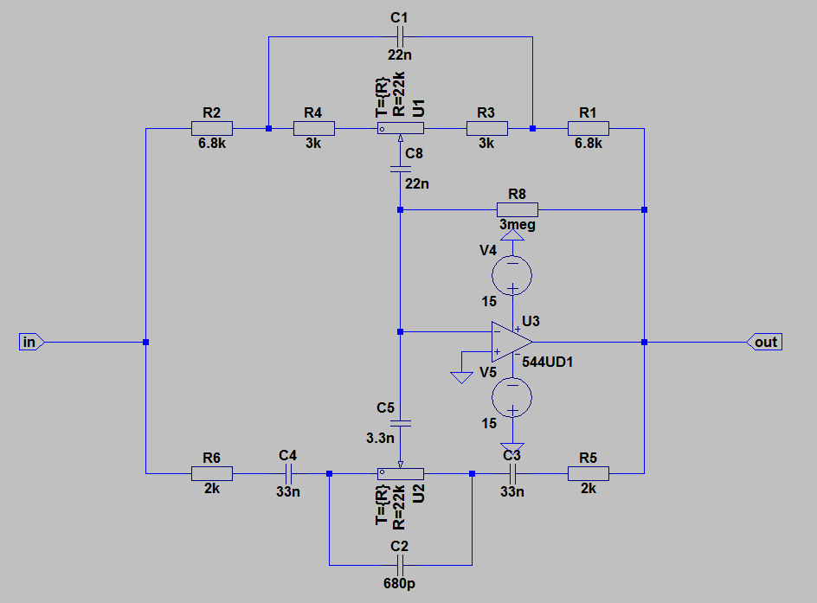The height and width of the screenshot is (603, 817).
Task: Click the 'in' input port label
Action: pos(29,343)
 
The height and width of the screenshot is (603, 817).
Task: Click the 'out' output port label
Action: pos(765,343)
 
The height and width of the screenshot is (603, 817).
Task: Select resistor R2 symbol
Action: pos(211,129)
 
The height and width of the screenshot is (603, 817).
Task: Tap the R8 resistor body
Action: pos(518,209)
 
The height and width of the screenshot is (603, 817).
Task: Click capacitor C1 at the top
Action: pos(399,37)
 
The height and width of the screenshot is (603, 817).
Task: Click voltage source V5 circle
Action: pos(512,398)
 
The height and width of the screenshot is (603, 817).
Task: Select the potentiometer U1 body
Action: pos(400,129)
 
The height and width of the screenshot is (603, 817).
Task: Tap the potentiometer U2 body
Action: pos(400,473)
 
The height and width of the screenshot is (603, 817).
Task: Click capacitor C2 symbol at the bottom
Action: pos(399,565)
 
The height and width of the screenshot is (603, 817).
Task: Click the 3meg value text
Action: pos(518,225)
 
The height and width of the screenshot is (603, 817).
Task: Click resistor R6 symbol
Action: pos(211,473)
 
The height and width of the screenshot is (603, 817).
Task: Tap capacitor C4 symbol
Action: pos(289,473)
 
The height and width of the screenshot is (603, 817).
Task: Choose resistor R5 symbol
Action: pos(589,473)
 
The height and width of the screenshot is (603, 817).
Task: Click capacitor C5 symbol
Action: pos(399,424)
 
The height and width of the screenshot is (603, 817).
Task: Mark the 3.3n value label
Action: pos(381,439)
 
